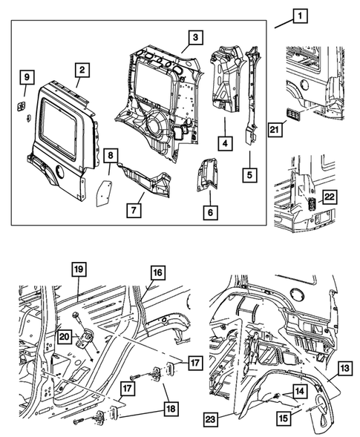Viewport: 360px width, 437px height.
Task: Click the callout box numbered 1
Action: pyautogui.click(x=301, y=15)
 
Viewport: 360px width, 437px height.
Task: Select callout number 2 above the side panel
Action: pyautogui.click(x=81, y=71)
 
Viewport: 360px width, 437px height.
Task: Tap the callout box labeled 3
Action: pyautogui.click(x=194, y=37)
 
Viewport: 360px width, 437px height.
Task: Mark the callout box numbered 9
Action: pyautogui.click(x=26, y=78)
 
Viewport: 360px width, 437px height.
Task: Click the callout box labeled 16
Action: pyautogui.click(x=157, y=273)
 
